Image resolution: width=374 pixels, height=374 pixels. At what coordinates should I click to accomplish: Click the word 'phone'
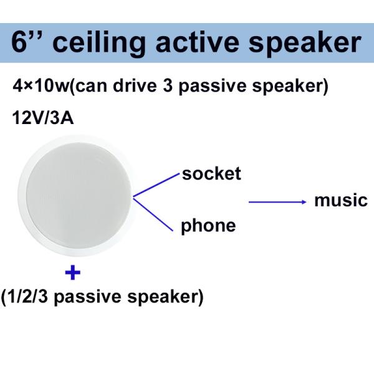click(208, 225)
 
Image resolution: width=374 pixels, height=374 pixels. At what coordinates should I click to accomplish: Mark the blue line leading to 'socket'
click(156, 186)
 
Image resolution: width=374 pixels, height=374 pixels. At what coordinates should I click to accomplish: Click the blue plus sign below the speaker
click(73, 272)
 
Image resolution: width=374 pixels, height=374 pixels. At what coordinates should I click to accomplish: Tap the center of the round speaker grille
click(77, 199)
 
